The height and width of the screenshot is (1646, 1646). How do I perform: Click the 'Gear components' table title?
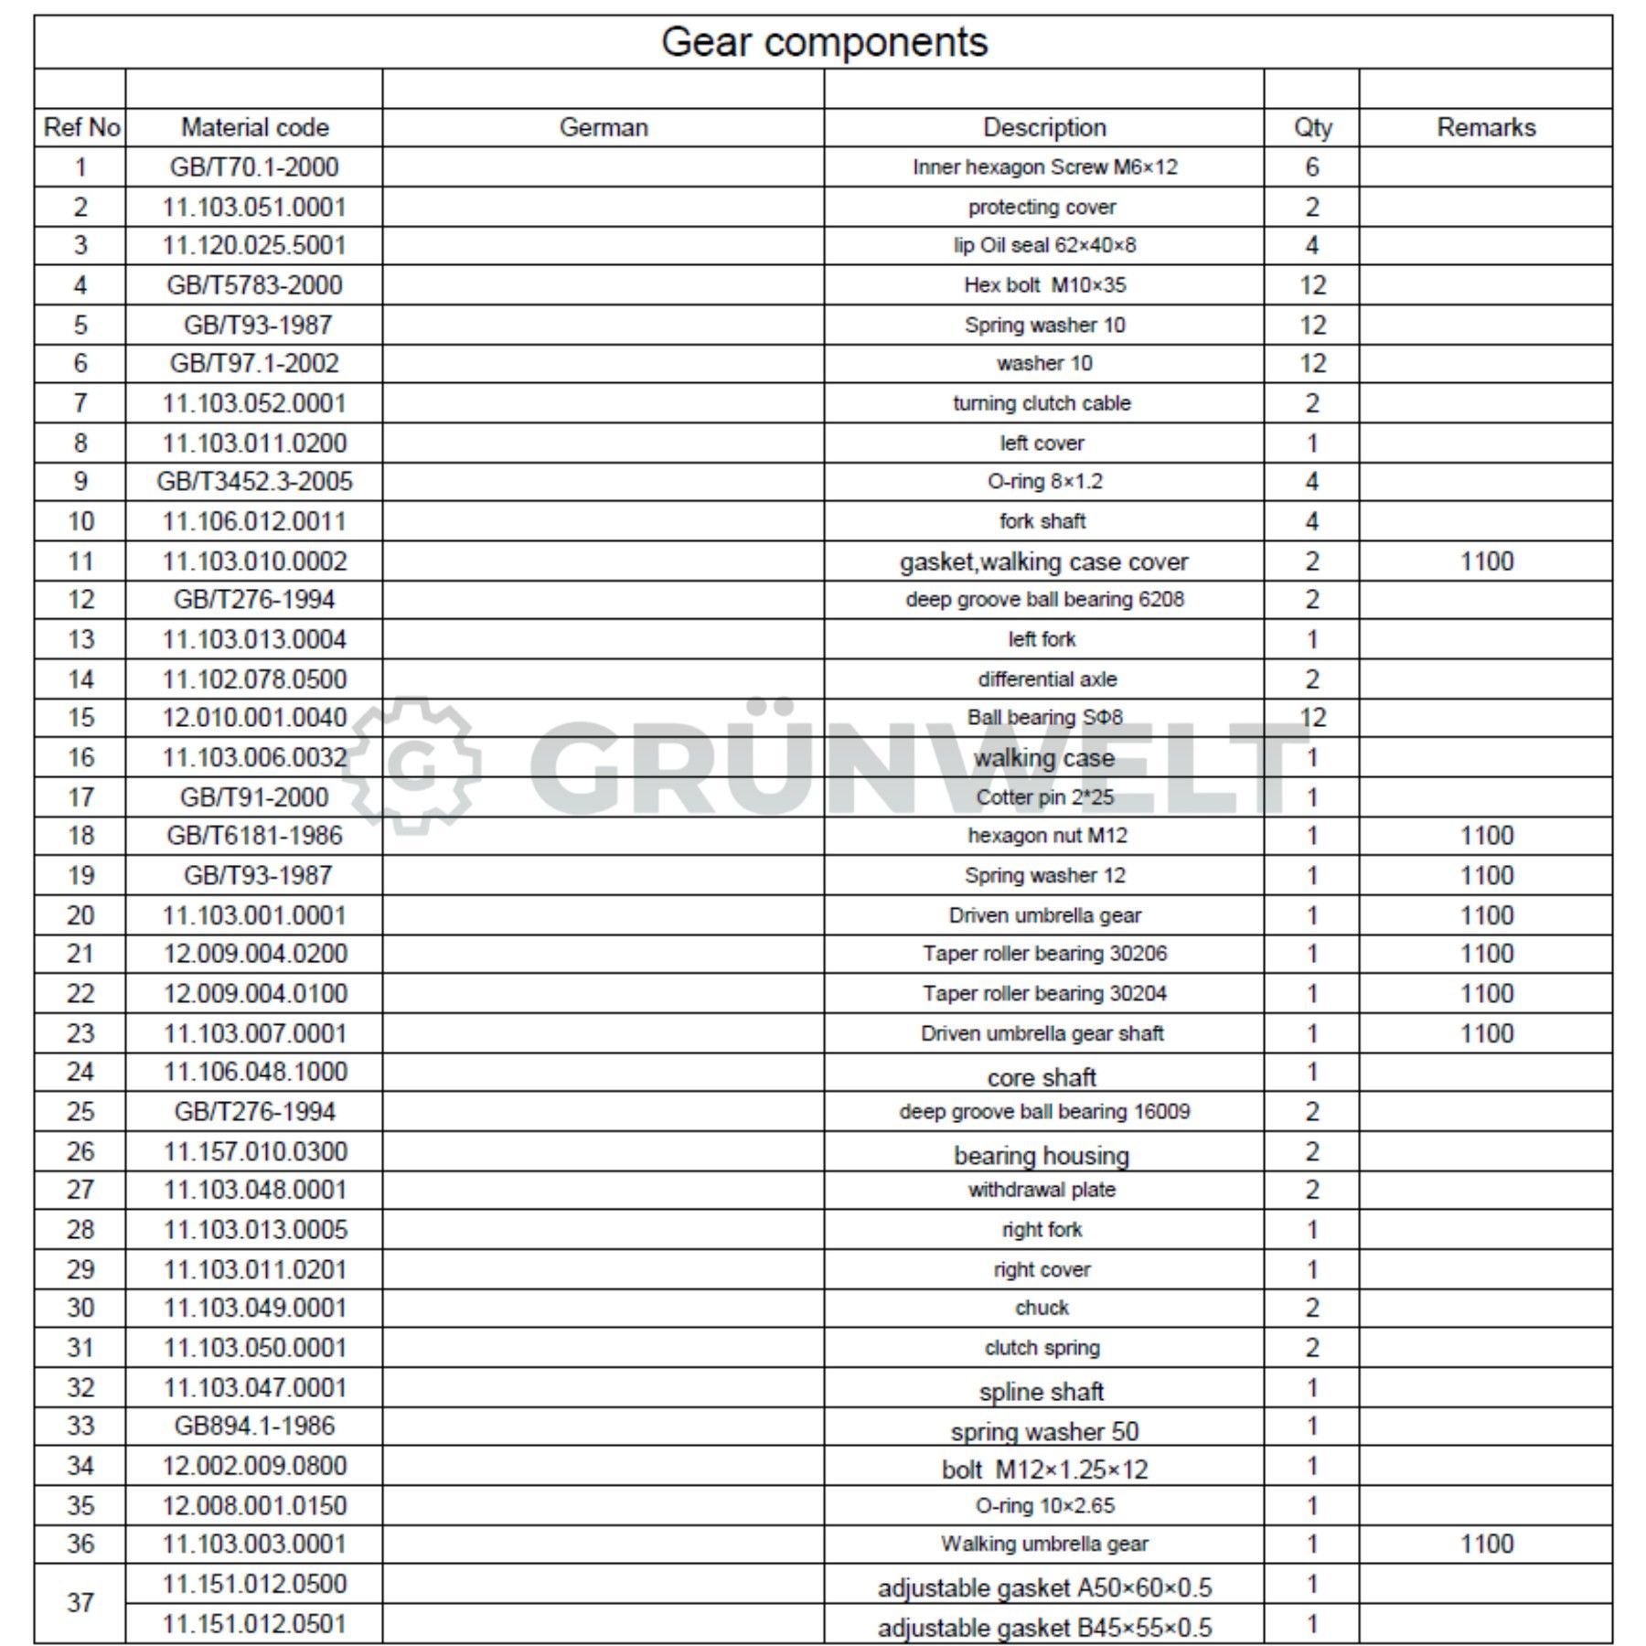pos(824,42)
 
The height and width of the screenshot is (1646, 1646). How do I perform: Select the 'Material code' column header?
pos(254,127)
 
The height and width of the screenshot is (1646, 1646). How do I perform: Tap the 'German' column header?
pos(604,127)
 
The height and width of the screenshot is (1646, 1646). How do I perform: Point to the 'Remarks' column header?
pos(1486,127)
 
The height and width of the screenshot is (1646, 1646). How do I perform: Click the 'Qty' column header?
pos(1312,127)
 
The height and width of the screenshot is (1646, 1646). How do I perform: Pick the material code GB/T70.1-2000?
pos(254,167)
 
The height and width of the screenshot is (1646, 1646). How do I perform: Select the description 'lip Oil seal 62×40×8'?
pos(1044,245)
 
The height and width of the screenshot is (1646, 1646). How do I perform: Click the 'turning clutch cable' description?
pos(1042,403)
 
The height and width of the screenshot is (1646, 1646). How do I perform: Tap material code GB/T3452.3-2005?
pos(254,481)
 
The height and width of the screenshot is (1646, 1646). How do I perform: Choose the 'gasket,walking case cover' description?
pos(1043,561)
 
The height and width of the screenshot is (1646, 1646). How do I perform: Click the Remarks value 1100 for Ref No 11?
pos(1487,561)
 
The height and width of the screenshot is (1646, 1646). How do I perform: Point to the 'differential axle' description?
pos(1047,679)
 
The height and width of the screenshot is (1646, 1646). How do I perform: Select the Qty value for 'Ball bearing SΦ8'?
pos(1312,718)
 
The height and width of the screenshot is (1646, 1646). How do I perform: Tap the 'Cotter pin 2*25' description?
pos(1045,797)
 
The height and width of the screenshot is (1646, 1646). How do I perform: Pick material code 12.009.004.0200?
pos(255,954)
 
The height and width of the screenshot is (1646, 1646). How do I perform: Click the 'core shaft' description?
pos(1042,1077)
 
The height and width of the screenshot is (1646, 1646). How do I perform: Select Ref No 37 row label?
pos(80,1602)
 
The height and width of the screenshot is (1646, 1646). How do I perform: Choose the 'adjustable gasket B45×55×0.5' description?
pos(1044,1628)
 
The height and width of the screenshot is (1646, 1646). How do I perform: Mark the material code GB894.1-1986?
pos(254,1426)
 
